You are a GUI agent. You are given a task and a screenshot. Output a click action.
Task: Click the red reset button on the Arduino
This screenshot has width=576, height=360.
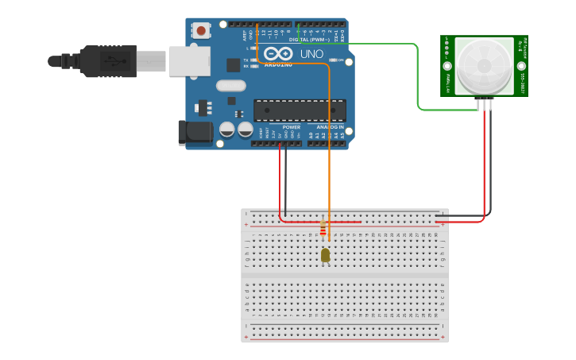tap(201, 31)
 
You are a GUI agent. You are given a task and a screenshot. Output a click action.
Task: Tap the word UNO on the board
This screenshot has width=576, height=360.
tap(311, 54)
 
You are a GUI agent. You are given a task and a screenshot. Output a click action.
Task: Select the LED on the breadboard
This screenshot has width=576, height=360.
tap(325, 255)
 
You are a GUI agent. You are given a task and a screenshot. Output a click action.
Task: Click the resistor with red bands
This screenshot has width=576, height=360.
tap(323, 230)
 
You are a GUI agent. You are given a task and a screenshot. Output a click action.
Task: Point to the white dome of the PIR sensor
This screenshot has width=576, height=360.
tap(484, 65)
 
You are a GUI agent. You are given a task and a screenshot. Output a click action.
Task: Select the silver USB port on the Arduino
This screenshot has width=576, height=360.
tap(189, 61)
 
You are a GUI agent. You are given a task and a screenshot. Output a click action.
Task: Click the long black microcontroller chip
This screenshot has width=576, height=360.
tap(300, 110)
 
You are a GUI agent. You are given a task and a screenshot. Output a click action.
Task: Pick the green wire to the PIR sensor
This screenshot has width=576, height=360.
tap(417, 79)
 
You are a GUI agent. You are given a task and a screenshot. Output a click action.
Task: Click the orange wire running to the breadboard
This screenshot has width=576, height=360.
tap(329, 159)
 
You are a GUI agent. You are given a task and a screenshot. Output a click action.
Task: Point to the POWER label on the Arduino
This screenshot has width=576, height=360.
tap(292, 127)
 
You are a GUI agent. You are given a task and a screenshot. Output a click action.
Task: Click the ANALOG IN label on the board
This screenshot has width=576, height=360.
tap(331, 127)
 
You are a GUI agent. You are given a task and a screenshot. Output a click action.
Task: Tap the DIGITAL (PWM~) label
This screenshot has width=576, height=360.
tap(310, 39)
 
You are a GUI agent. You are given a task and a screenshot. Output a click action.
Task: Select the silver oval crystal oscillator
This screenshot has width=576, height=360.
tap(230, 86)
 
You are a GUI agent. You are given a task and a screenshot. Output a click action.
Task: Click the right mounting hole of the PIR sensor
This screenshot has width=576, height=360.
tap(520, 66)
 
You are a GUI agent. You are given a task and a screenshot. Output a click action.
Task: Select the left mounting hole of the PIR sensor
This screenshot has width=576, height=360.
tap(447, 66)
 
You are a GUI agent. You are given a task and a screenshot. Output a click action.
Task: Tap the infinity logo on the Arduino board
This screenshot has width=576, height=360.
tap(280, 54)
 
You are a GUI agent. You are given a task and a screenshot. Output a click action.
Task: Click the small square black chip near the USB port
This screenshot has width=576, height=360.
tap(233, 65)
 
